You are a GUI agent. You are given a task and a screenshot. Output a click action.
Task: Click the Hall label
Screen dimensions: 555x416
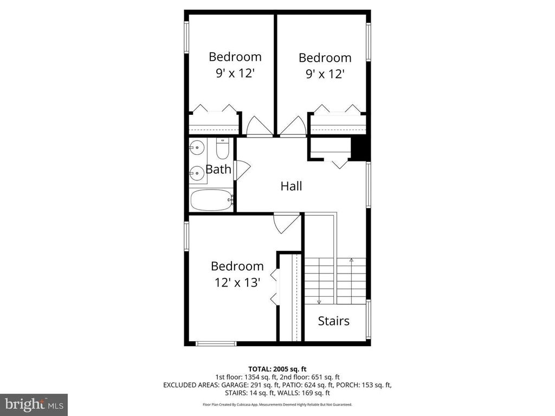tap(291, 186)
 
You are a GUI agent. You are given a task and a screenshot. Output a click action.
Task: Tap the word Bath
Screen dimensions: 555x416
tap(218, 170)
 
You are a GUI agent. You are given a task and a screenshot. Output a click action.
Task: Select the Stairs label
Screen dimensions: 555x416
tap(333, 321)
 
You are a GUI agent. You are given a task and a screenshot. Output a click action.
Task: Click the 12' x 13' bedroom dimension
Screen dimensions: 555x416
tap(237, 282)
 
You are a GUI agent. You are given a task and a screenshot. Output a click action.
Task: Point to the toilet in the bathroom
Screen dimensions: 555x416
tap(223, 148)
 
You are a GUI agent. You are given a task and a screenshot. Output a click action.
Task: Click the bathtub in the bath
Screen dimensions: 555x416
tap(212, 200)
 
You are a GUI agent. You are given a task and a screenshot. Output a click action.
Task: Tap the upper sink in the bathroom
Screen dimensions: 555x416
tap(197, 147)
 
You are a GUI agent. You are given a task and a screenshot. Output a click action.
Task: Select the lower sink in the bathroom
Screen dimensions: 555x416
tap(197, 173)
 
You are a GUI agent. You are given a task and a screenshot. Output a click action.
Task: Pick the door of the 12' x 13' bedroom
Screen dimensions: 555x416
tap(286, 224)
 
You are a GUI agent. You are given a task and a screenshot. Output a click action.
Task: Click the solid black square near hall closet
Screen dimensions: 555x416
tap(360, 148)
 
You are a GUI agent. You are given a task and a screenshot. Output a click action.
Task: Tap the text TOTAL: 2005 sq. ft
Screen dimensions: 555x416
tap(277, 369)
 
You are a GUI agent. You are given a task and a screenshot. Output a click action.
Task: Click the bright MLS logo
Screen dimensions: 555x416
tap(34, 404)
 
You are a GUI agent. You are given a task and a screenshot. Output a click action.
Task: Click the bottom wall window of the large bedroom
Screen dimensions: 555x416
tap(216, 343)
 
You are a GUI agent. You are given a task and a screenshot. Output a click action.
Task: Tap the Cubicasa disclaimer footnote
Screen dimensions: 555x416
tap(277, 404)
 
